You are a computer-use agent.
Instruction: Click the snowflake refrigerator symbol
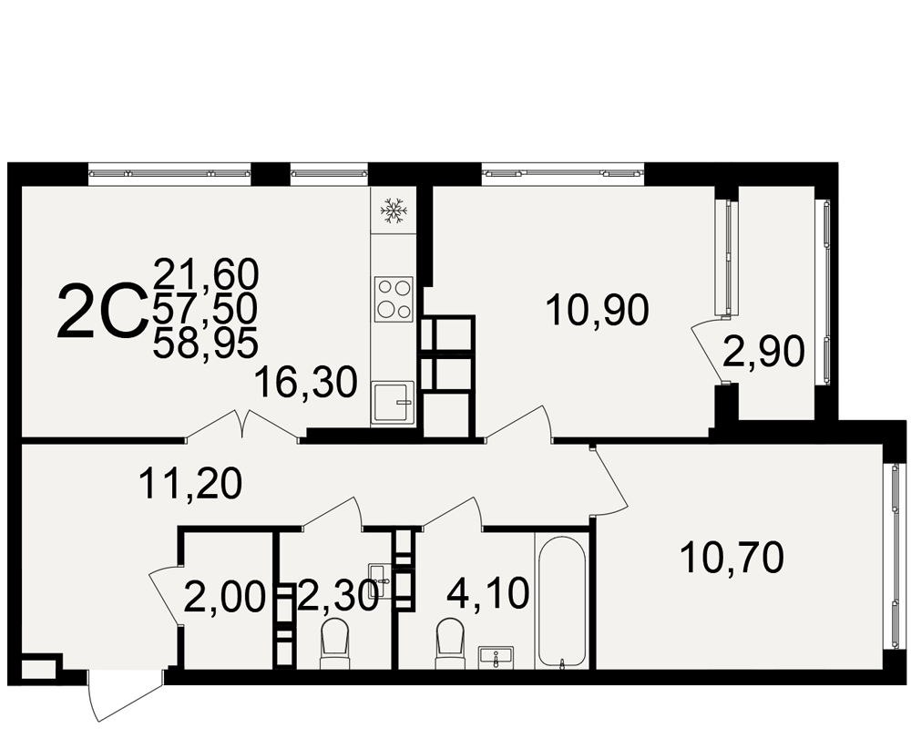click(x=392, y=210)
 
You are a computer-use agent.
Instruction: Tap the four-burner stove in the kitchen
click(x=394, y=300)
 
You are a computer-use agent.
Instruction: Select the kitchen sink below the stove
click(x=392, y=402)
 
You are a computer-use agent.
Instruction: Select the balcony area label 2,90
click(x=763, y=352)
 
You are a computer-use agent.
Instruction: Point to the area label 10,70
click(x=732, y=558)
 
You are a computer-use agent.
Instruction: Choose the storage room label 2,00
click(x=224, y=597)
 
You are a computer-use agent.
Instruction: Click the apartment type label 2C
click(x=101, y=311)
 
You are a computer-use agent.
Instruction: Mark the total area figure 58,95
click(x=205, y=344)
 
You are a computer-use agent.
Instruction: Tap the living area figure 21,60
click(x=205, y=275)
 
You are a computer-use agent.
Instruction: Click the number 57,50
click(x=205, y=309)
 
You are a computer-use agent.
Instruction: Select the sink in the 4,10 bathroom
click(x=496, y=657)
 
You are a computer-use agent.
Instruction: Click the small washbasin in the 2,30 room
click(x=378, y=574)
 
